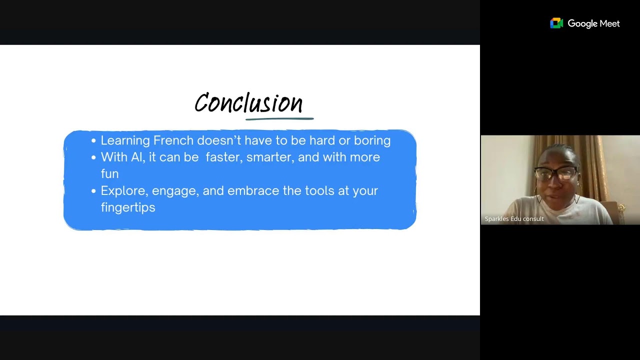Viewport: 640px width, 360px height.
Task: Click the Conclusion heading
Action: click(x=248, y=103)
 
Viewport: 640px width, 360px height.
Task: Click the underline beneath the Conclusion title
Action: click(x=279, y=119)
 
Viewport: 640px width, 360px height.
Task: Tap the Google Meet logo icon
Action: click(x=556, y=23)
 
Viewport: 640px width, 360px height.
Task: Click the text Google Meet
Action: click(x=593, y=23)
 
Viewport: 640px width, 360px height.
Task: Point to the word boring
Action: click(x=372, y=140)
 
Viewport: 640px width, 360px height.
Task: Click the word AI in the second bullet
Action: click(x=136, y=157)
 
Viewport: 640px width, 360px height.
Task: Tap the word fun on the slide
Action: click(x=109, y=174)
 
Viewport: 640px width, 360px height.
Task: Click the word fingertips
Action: click(x=128, y=207)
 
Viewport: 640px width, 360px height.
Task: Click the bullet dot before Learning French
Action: click(x=93, y=141)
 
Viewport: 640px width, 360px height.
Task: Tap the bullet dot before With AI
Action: click(x=93, y=157)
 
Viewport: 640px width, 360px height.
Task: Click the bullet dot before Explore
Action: click(x=93, y=191)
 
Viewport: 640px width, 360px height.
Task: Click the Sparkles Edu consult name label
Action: click(x=514, y=219)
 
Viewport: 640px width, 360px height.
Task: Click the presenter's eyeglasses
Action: click(x=556, y=173)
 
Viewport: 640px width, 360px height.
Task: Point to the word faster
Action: click(x=224, y=157)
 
